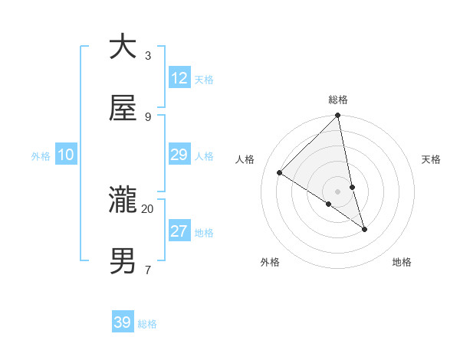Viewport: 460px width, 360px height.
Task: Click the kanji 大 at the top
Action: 123,47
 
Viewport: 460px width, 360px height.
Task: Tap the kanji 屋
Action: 123,109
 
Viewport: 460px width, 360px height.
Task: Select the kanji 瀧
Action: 123,201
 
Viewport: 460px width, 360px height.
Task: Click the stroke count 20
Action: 147,208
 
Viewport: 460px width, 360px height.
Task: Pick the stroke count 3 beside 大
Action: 147,55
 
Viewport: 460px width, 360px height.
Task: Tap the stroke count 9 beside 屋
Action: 147,116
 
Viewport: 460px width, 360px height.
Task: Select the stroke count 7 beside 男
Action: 147,270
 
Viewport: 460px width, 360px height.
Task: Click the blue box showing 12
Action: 179,78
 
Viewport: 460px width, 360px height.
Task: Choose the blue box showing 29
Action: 179,155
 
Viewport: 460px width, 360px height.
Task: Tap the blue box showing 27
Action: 179,231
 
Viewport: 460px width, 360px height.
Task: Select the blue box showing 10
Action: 66,155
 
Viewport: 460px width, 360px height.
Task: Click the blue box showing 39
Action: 123,322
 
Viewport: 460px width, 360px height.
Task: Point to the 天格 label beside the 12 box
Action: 204,80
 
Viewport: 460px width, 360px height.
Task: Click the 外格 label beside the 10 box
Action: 41,156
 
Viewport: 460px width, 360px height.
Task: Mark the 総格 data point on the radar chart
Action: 338,116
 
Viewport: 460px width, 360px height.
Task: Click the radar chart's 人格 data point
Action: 280,173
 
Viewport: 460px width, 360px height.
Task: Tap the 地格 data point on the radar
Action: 365,229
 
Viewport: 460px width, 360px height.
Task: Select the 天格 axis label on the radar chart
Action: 431,159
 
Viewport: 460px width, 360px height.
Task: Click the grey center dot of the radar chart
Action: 338,191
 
